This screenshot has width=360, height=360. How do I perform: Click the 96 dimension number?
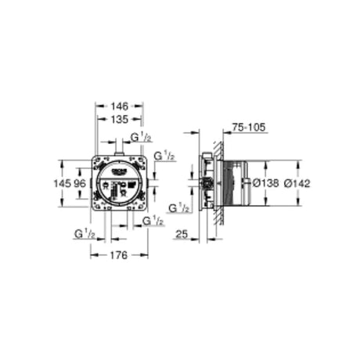pyautogui.click(x=80, y=183)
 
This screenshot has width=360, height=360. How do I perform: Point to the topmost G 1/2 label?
pyautogui.click(x=141, y=139)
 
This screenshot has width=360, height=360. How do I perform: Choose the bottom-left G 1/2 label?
pyautogui.click(x=85, y=233)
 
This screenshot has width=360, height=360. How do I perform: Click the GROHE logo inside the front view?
pyautogui.click(x=124, y=170)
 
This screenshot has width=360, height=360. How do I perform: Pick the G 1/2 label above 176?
pyautogui.click(x=153, y=221)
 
